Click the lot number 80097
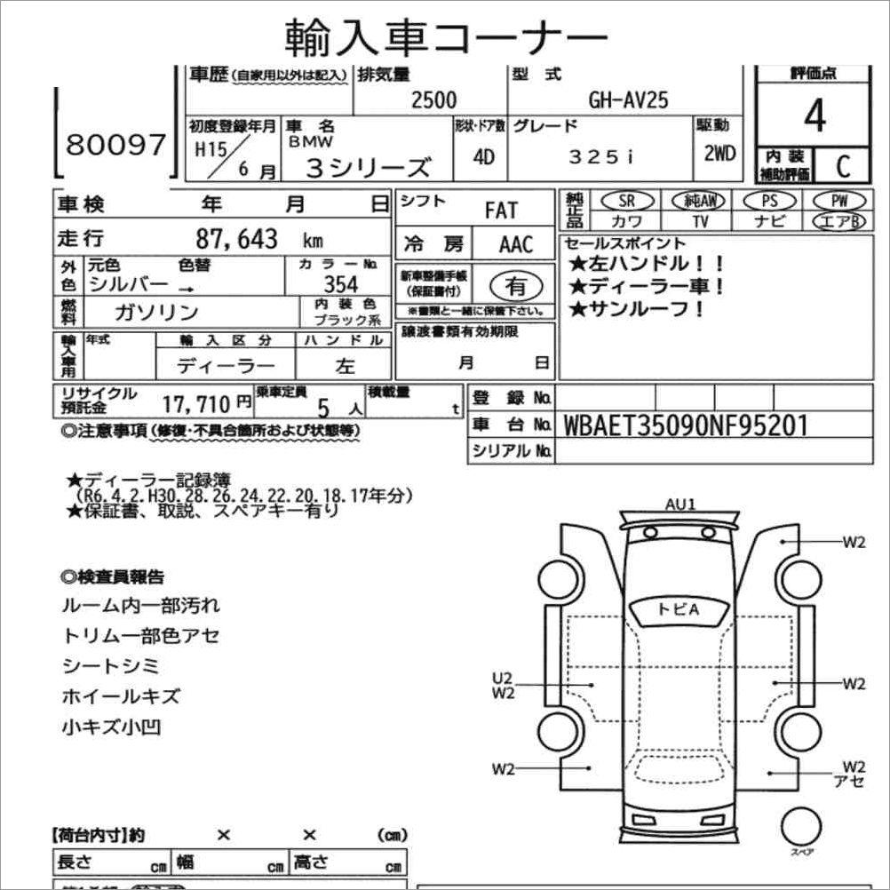tap(116, 144)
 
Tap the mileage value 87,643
tap(236, 239)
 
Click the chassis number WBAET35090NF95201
tap(686, 425)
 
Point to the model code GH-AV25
tap(628, 99)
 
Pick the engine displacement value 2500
tap(433, 99)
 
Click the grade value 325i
tap(601, 156)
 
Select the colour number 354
tap(340, 284)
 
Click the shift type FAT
tap(500, 211)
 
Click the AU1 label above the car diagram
tap(680, 505)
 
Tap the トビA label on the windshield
tap(679, 609)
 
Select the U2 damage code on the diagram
tap(504, 678)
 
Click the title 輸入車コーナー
tap(446, 37)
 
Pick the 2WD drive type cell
tap(719, 153)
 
